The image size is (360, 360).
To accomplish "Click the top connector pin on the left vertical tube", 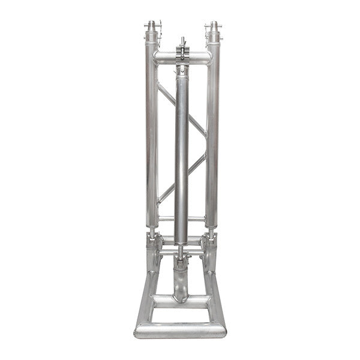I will (152, 27).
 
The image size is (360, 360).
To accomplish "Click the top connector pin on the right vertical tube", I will (212, 27).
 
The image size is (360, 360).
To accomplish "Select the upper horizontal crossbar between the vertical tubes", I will (165, 58).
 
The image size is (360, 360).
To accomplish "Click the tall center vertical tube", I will (182, 150).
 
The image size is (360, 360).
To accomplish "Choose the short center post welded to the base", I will (181, 282).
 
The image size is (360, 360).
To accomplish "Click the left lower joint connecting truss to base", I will (153, 246).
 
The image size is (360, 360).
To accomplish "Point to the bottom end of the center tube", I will (181, 240).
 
